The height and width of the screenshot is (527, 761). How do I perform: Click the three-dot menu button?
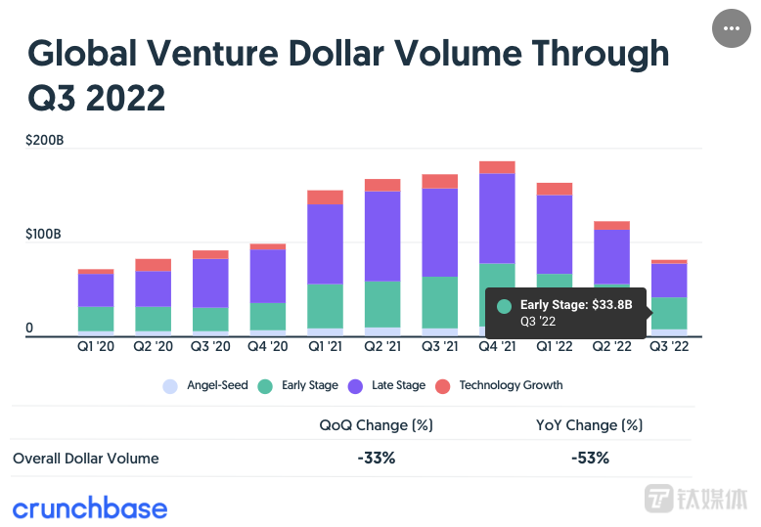point(731,28)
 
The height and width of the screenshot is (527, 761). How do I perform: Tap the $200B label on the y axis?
point(45,141)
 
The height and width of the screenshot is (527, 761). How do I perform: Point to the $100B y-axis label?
point(45,235)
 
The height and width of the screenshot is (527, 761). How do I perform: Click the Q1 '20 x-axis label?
point(96,346)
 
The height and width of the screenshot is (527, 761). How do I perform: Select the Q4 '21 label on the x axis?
point(498,346)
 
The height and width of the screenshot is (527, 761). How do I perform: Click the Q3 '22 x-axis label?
point(669,346)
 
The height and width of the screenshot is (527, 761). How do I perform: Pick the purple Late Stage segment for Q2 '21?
point(382,236)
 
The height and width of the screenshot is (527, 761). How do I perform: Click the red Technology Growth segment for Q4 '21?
point(497,167)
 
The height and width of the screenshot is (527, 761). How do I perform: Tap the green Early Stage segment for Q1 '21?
point(325,305)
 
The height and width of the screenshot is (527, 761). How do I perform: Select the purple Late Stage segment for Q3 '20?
point(210,284)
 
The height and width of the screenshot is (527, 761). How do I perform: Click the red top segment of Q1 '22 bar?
point(555,189)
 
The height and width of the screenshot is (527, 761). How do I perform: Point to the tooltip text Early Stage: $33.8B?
point(576,305)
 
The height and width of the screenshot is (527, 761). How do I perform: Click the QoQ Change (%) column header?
point(376,425)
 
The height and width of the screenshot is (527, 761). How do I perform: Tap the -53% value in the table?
point(590,458)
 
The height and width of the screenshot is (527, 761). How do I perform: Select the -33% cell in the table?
point(376,458)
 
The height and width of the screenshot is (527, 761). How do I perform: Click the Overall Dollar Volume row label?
point(86,458)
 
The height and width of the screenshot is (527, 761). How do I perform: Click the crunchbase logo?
point(90,507)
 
